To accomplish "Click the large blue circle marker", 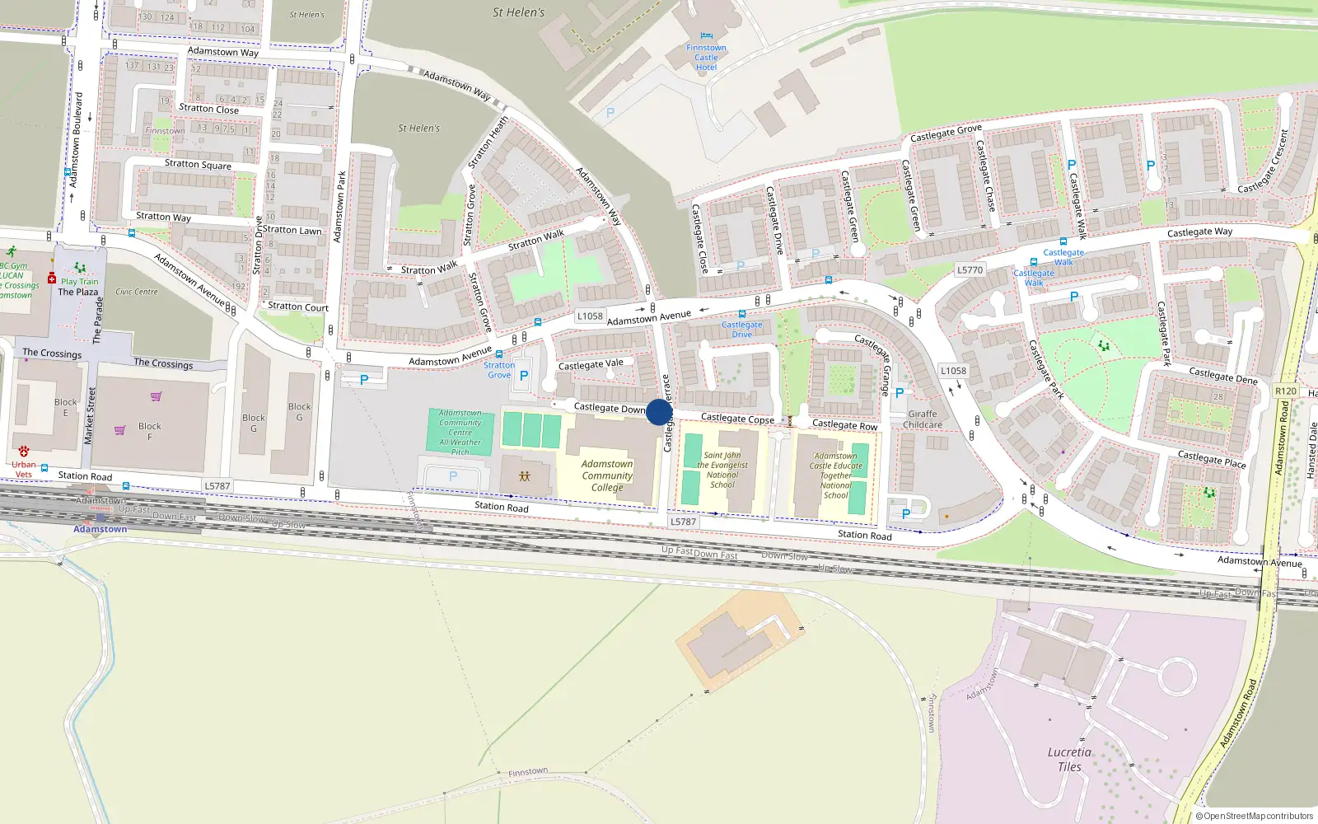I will point(659,412).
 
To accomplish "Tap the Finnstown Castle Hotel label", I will point(706,57).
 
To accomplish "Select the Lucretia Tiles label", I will point(1069,759).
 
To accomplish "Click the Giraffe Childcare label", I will point(922,419).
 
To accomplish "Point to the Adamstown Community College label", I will point(607,475).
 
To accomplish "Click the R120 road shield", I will point(1285,391).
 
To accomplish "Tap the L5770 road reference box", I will point(970,269).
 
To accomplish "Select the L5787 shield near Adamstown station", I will point(217,486).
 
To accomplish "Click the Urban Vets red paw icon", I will point(23,452).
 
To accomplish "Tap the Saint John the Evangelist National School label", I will point(722,470).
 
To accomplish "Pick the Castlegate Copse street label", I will point(737,419).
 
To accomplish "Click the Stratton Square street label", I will point(198,164).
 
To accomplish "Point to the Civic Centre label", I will point(137,292).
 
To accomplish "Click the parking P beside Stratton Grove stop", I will point(524,376).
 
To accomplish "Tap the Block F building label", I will point(150,431).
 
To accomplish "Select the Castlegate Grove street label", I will point(946,133).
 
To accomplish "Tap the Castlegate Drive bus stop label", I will point(741,329).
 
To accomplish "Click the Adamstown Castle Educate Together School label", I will point(835,475).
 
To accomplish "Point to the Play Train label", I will point(79,281).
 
